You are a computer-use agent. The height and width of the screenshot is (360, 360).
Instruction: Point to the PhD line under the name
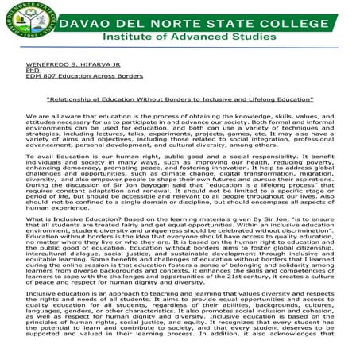[31, 69]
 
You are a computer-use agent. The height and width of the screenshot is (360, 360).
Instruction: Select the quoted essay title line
[179, 99]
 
